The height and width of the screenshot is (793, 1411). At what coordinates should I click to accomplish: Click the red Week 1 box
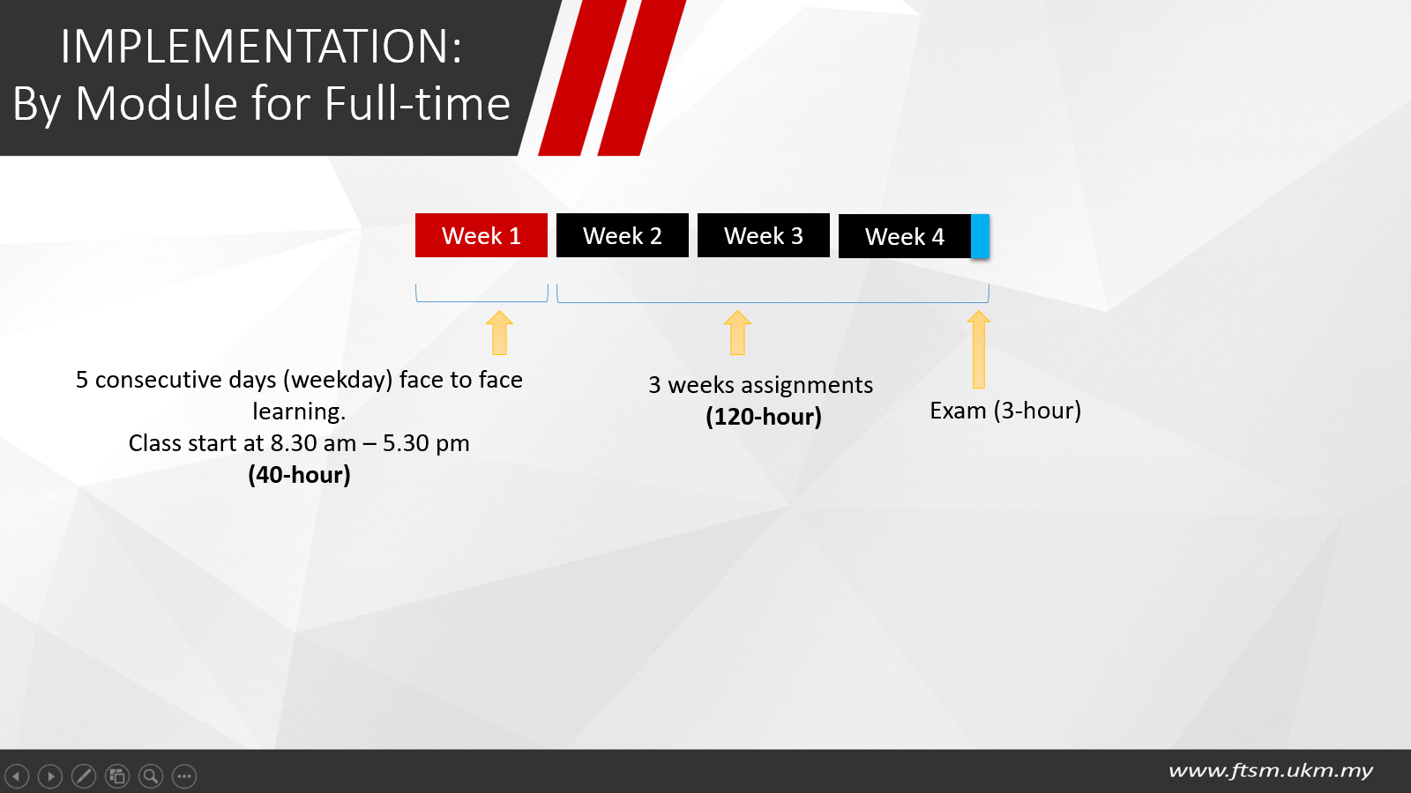[x=482, y=235]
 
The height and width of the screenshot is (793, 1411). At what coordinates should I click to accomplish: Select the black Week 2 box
[x=623, y=235]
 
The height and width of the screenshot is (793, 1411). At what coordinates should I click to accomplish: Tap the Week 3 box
[x=764, y=235]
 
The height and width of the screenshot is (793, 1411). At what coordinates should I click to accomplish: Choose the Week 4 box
[x=905, y=236]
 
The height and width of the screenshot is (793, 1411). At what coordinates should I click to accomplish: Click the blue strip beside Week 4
[x=980, y=236]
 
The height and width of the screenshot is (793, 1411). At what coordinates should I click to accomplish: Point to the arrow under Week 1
[x=499, y=333]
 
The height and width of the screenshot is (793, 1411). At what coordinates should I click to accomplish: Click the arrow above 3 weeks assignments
[x=737, y=333]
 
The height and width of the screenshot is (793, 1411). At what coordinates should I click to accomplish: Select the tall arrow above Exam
[x=979, y=349]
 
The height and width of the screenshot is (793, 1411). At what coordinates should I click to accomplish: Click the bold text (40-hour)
[x=299, y=475]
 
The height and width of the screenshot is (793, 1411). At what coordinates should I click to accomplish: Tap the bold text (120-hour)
[x=764, y=417]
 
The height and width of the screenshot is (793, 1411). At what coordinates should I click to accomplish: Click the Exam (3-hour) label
[x=1005, y=411]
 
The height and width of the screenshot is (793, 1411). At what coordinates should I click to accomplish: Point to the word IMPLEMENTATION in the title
[x=261, y=46]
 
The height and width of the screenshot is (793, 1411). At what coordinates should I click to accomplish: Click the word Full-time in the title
[x=417, y=102]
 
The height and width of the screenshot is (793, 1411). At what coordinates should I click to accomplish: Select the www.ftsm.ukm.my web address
[x=1271, y=770]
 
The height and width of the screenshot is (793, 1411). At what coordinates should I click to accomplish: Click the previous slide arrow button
[x=17, y=776]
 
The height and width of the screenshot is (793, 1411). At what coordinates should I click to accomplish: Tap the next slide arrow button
[x=50, y=776]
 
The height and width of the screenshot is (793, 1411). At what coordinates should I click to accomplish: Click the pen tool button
[x=84, y=776]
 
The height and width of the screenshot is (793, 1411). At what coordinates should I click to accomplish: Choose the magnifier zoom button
[x=151, y=776]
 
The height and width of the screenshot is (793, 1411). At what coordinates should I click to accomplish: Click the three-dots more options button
[x=184, y=776]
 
